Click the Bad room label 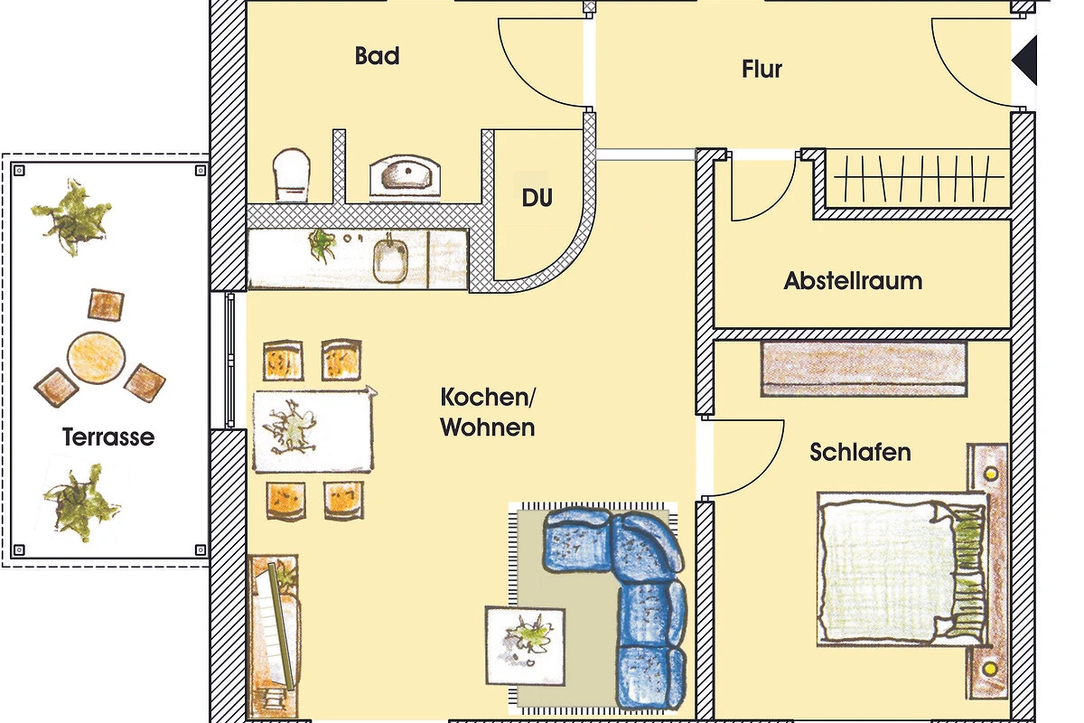click(x=377, y=56)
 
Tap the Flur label click(x=762, y=69)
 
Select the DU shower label click(x=537, y=198)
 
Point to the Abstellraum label click(x=853, y=281)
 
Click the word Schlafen click(x=860, y=452)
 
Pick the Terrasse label click(x=108, y=437)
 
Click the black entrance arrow click(x=1024, y=61)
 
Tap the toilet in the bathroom click(x=291, y=175)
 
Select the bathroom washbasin click(x=405, y=175)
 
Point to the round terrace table click(x=97, y=357)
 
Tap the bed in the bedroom click(x=902, y=569)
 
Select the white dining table click(x=313, y=430)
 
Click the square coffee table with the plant click(x=525, y=645)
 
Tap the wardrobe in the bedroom click(x=864, y=369)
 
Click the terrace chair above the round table click(x=106, y=305)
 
